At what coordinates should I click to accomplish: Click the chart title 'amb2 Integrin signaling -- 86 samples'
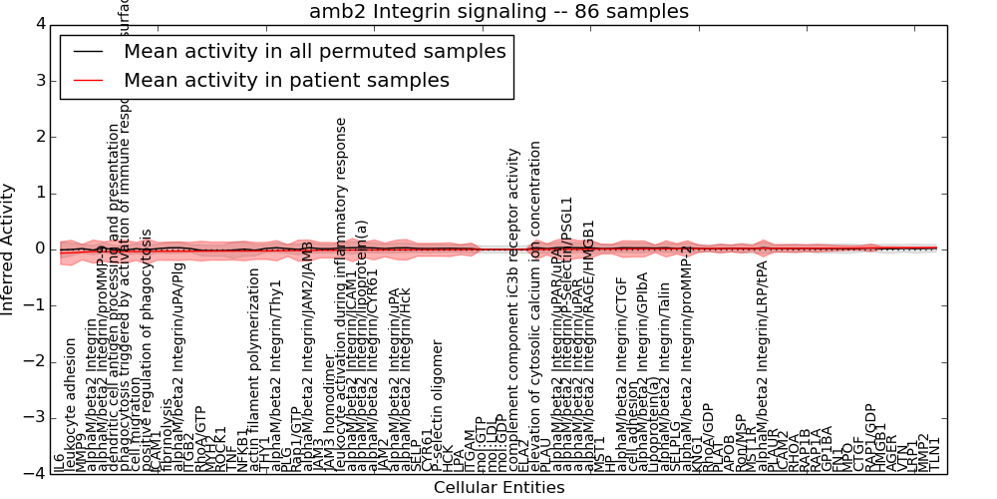coord(498,12)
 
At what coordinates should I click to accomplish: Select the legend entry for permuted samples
coord(314,51)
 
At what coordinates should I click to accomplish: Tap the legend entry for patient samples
coord(286,80)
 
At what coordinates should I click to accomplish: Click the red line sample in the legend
coord(87,80)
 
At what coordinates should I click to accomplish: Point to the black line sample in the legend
coord(87,51)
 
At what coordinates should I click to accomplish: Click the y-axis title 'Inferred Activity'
coord(8,249)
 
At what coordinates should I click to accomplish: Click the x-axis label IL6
coord(61,461)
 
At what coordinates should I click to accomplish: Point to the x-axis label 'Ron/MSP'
coord(741,439)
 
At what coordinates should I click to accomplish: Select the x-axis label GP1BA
coord(826,447)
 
